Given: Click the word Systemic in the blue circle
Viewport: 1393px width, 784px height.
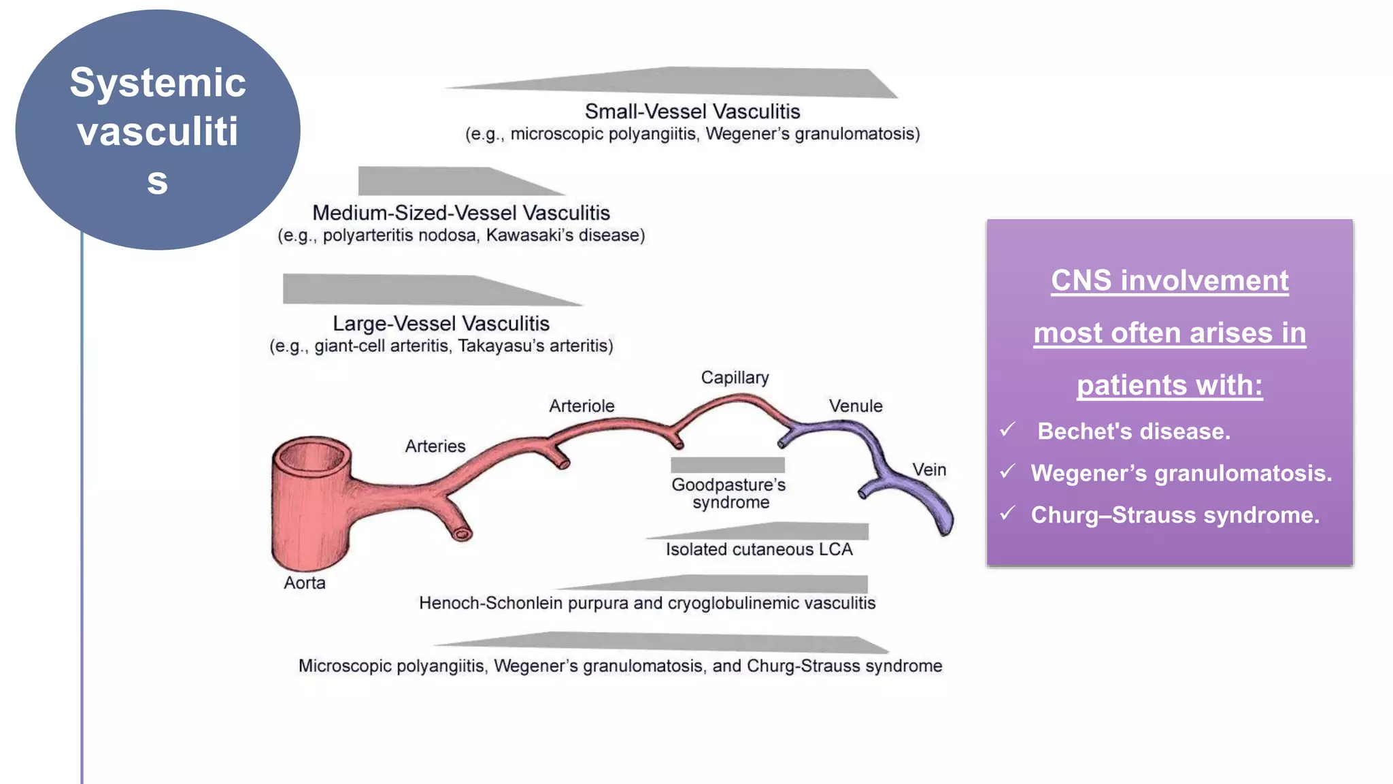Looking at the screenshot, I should pyautogui.click(x=158, y=83).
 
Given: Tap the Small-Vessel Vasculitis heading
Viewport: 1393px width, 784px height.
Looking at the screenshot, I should pyautogui.click(x=692, y=112).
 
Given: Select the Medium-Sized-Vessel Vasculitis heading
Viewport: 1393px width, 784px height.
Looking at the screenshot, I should pyautogui.click(x=460, y=213).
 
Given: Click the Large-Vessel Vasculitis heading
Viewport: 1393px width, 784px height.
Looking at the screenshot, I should pyautogui.click(x=441, y=323).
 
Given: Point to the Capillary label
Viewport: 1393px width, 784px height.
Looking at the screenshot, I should pyautogui.click(x=735, y=378).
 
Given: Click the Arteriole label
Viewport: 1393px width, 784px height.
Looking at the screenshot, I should pyautogui.click(x=582, y=406).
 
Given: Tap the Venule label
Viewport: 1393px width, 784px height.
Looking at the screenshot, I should pyautogui.click(x=855, y=406).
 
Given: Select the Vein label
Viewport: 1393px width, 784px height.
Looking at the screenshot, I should pyautogui.click(x=929, y=470).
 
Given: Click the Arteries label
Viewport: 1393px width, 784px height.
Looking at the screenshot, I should pyautogui.click(x=435, y=446).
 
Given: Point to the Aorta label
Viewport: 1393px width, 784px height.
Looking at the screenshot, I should pyautogui.click(x=304, y=583).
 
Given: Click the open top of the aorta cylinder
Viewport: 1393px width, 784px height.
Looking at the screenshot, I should pyautogui.click(x=312, y=457).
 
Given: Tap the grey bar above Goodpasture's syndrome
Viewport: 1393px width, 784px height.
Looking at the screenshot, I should pyautogui.click(x=727, y=465).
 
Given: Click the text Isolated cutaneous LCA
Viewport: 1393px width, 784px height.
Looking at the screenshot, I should pyautogui.click(x=758, y=550).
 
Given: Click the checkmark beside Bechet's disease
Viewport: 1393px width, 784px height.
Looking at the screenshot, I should pyautogui.click(x=1008, y=429).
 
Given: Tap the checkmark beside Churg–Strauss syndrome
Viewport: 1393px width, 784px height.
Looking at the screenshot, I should pyautogui.click(x=1008, y=513).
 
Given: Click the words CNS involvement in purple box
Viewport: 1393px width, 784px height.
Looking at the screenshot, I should pyautogui.click(x=1169, y=280).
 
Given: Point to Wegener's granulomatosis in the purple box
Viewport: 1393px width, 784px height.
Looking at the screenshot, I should pyautogui.click(x=1181, y=473).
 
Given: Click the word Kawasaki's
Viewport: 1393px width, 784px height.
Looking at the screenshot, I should pyautogui.click(x=529, y=235).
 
